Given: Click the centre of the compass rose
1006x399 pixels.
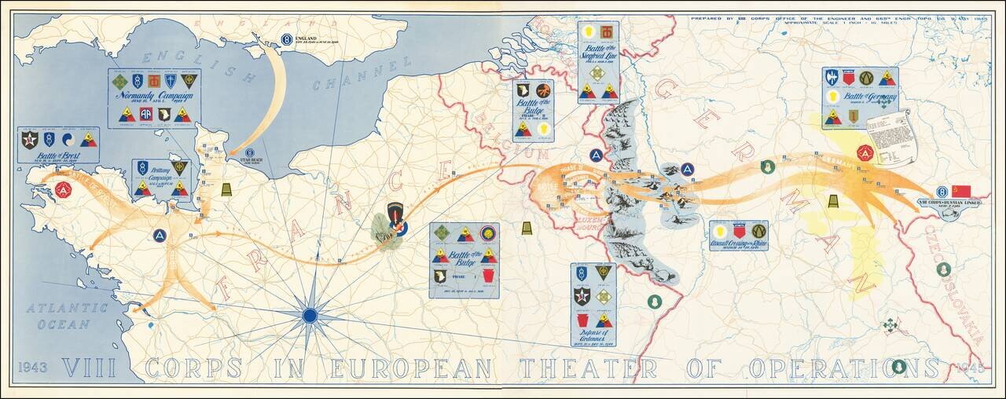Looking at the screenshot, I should (310, 316).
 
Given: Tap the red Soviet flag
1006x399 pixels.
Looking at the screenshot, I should (960, 191).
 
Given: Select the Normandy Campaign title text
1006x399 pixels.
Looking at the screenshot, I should (153, 98).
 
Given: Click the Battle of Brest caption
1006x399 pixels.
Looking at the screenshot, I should (58, 155).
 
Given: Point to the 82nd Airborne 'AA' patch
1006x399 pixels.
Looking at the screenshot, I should (145, 115).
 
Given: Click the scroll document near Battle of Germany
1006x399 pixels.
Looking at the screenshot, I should (893, 137).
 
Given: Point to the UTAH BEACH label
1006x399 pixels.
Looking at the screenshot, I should (249, 158).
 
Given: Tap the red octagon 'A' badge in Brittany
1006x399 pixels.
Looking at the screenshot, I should (64, 189).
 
